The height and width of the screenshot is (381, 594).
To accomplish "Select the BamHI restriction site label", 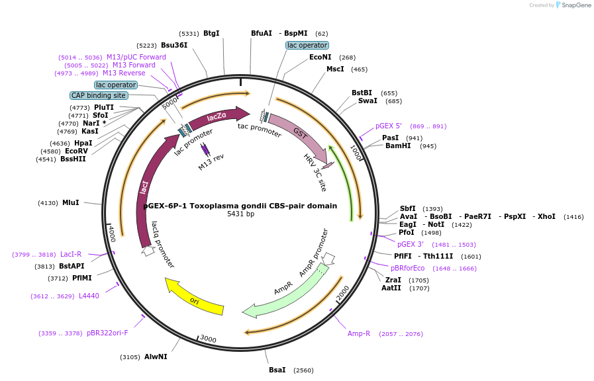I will [398, 146].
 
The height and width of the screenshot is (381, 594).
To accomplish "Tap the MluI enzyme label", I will [70, 203].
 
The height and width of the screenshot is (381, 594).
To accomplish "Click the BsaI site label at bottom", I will [277, 370].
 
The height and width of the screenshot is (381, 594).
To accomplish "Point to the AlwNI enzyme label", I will [156, 357].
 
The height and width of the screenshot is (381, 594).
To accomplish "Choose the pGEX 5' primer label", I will [389, 126].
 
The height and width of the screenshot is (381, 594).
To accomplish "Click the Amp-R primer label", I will [359, 333].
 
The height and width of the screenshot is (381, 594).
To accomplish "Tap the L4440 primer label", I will [89, 296].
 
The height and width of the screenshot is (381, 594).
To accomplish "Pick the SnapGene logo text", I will [575, 5].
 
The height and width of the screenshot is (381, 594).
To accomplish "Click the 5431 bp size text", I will [240, 214].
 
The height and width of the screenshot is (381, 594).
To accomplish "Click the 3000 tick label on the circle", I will [208, 339].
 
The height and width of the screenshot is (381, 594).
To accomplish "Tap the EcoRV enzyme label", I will [76, 151].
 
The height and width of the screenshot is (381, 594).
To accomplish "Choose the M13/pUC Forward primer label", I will [136, 57].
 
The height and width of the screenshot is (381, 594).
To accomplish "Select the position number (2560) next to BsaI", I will [303, 370].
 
